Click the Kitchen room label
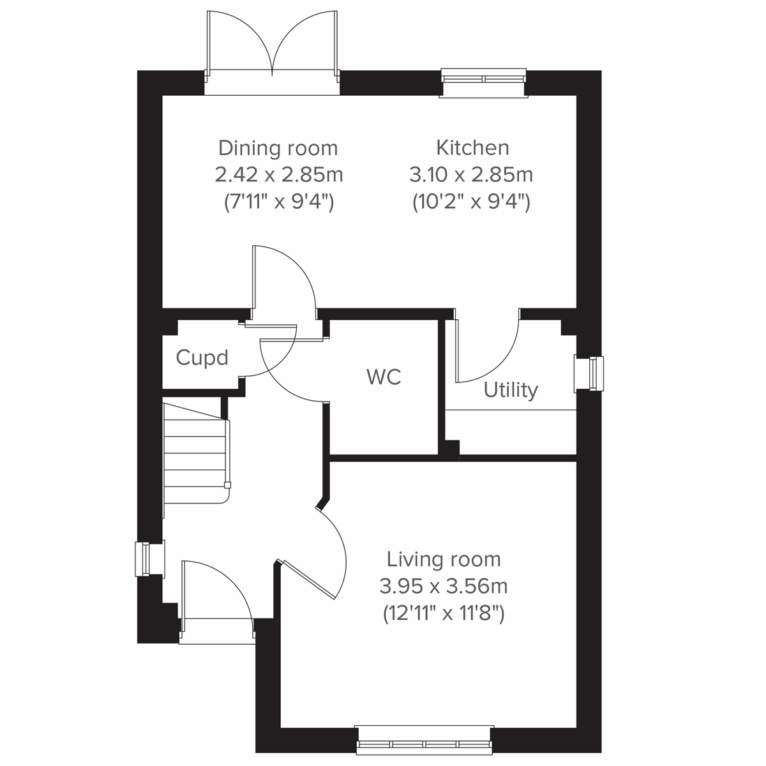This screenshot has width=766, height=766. coord(472,147)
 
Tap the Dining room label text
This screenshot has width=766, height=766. coord(278,148)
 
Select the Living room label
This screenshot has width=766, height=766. coord(444,559)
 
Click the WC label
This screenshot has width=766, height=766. coord(384,377)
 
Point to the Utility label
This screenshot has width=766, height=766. coord(510,389)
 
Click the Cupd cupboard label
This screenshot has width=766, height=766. coord(202,357)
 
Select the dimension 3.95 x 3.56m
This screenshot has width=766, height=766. coord(444,586)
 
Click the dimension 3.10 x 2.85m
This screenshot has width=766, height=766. coord(471,174)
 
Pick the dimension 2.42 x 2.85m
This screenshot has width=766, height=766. coord(278,174)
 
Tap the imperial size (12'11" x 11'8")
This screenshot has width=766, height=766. coord(444,613)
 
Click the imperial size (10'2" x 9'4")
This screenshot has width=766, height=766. coord(471,202)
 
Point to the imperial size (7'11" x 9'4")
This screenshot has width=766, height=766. coord(278,202)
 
